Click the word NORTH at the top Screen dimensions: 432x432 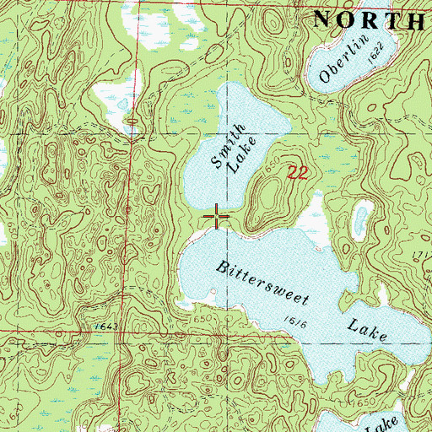tap(370, 19)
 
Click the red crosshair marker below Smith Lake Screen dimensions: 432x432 tap(217, 218)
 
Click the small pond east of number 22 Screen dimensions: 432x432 tap(361, 221)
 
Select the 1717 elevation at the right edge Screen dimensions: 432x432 tap(422, 254)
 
